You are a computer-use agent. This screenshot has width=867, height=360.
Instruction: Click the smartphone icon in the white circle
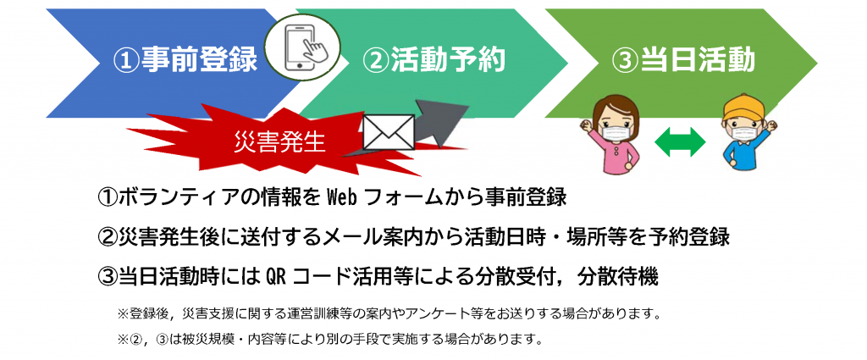[303, 48]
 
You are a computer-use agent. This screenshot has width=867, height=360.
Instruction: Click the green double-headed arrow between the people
[680, 142]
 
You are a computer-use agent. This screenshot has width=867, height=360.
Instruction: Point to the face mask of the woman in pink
[615, 133]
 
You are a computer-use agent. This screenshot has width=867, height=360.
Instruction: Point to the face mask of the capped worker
[742, 133]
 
